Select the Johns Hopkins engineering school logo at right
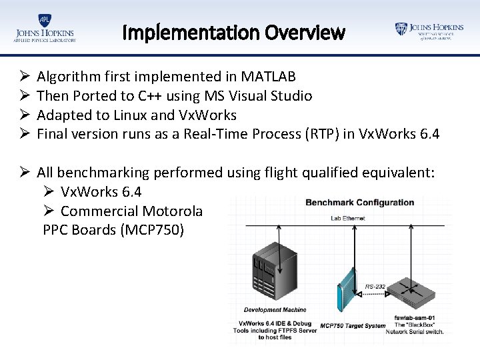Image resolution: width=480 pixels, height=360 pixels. click(x=429, y=31)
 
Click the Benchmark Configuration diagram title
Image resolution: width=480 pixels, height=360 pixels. click(x=359, y=203)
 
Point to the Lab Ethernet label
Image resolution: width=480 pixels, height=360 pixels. click(x=348, y=218)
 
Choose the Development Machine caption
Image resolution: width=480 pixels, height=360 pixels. click(x=275, y=310)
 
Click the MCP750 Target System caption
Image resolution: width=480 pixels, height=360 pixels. click(x=353, y=326)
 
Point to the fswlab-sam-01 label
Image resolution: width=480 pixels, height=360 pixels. click(x=415, y=317)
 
